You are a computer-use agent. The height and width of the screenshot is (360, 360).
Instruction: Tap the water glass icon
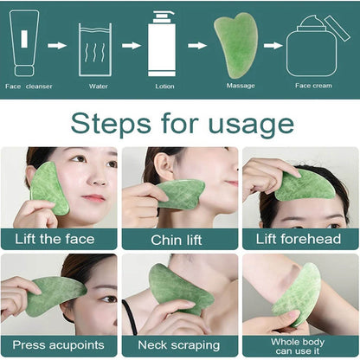pyautogui.click(x=94, y=49)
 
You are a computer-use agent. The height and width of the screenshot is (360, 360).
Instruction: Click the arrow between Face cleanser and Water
pyautogui.click(x=57, y=45)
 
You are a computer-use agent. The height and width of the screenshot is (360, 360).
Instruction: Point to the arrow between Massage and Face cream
pyautogui.click(x=273, y=45)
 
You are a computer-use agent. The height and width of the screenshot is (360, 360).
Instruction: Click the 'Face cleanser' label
pyautogui.click(x=29, y=86)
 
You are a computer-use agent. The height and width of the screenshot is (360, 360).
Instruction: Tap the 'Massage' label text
pyautogui.click(x=241, y=86)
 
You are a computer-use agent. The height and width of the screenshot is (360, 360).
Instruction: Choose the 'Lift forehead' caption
pyautogui.click(x=299, y=239)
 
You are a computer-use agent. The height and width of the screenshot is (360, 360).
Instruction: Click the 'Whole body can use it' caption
pyautogui.click(x=299, y=345)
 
